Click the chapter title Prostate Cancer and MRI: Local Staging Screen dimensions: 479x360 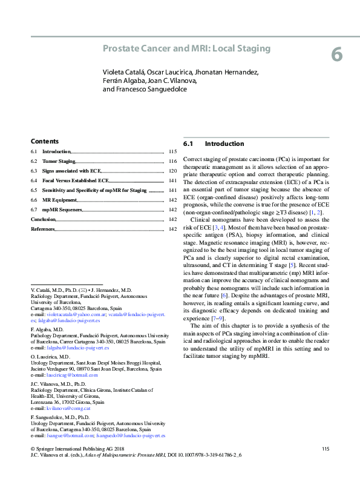click(186, 48)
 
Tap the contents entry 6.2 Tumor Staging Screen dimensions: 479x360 click(59, 162)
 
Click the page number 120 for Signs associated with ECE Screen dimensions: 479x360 click(172, 171)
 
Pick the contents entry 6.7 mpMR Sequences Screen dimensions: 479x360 click(62, 210)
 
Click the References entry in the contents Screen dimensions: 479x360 click(43, 229)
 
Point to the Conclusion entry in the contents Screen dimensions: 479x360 click(43, 219)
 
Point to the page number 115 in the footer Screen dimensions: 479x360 click(326, 449)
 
